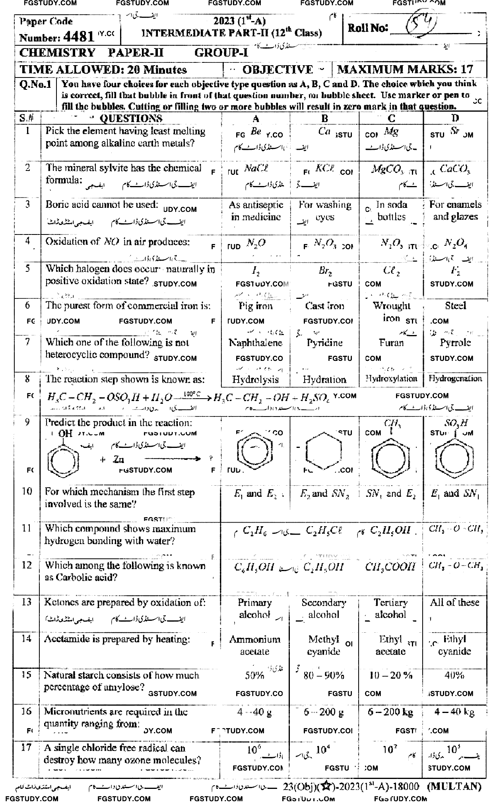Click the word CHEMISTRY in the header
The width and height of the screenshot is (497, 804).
57,53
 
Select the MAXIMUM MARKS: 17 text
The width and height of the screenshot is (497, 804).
405,70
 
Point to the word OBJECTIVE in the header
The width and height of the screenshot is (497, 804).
278,70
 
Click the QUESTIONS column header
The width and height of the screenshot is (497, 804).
131,118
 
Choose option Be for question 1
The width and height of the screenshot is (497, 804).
256,132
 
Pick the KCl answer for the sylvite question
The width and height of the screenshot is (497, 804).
324,168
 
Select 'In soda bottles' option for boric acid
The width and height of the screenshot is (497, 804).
391,211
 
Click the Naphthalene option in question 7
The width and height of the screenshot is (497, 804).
256,343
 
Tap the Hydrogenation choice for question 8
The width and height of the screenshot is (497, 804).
455,379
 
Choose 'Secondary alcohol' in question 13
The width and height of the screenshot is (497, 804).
324,608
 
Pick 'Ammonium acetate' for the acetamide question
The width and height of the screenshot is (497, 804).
255,645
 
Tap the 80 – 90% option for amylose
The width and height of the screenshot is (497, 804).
324,676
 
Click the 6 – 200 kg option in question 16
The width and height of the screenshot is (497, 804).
390,712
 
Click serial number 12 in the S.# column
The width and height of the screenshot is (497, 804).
27,566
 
